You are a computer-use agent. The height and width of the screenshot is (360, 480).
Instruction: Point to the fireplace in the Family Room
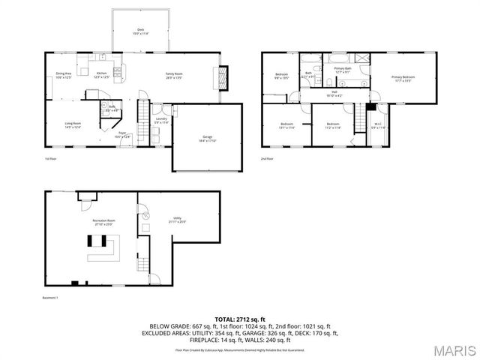tap(220, 76)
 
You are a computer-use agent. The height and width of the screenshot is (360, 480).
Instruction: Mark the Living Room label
tap(72, 125)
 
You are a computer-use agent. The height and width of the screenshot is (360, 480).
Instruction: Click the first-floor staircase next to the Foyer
tap(142, 116)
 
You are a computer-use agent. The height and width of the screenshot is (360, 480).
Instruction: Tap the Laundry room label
tap(160, 120)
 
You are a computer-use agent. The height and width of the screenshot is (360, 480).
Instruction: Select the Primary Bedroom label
tap(403, 78)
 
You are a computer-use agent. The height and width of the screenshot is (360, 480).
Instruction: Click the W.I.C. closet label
tap(379, 127)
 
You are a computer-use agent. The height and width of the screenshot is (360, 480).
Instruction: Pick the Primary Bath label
tap(343, 70)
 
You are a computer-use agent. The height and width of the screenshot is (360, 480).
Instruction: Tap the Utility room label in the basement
tap(177, 220)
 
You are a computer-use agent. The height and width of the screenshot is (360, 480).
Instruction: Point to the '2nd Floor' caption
tap(267, 159)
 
